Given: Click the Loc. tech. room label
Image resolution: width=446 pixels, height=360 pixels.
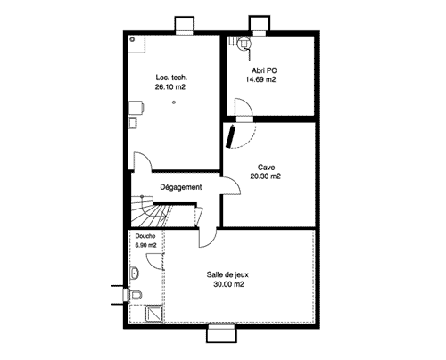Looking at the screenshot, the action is click(x=171, y=78).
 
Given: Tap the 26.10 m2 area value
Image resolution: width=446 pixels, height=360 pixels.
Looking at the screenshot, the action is click(x=170, y=86).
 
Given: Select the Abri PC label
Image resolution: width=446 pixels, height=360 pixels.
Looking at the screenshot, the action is click(x=264, y=70).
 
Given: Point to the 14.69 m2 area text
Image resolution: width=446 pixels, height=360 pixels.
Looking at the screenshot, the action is click(x=260, y=79).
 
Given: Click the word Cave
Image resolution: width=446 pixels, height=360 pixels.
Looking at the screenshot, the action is click(x=266, y=168).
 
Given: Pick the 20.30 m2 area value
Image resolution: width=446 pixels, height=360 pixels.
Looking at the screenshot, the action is click(x=265, y=176).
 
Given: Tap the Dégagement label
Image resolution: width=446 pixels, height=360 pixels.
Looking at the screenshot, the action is click(x=181, y=187).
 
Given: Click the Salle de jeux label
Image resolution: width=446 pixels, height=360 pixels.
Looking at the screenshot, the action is click(x=227, y=274).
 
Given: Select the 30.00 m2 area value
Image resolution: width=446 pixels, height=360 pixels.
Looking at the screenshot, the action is click(x=228, y=284).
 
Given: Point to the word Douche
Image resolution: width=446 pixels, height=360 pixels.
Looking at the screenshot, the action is click(x=145, y=236).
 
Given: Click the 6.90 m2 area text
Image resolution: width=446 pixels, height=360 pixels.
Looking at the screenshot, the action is click(x=145, y=245).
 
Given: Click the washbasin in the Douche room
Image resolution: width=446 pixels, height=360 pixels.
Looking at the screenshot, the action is click(x=134, y=273).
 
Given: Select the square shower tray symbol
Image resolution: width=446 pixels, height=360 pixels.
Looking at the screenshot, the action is click(x=153, y=314).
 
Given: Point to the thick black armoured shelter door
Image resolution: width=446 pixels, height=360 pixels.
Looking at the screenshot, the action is click(x=230, y=136).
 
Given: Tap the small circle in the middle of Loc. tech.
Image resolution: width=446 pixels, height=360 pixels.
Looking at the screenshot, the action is click(x=174, y=102).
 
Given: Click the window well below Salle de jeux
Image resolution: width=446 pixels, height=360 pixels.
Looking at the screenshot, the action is click(x=221, y=334).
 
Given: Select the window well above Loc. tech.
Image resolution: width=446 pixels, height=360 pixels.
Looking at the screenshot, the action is click(x=185, y=24).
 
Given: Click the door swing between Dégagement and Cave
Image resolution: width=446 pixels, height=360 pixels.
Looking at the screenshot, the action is click(x=231, y=185).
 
